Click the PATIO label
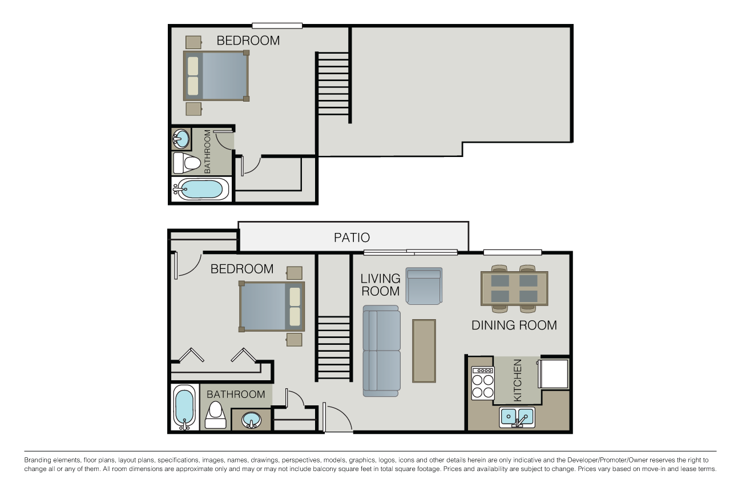(x=352, y=238)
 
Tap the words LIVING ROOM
(x=380, y=285)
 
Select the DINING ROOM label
(x=514, y=325)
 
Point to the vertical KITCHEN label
(x=518, y=380)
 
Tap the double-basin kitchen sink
(x=517, y=417)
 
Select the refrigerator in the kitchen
(x=553, y=373)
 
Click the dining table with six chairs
(x=514, y=288)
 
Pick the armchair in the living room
(x=424, y=286)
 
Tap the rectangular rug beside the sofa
(x=424, y=351)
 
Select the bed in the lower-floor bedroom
(x=272, y=307)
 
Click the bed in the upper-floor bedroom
(x=216, y=75)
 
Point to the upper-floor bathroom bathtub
(x=201, y=189)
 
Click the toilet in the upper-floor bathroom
(x=187, y=163)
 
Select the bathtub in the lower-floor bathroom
(x=184, y=407)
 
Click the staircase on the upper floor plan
(x=333, y=86)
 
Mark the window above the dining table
(x=512, y=252)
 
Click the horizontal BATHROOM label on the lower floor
(x=236, y=395)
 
